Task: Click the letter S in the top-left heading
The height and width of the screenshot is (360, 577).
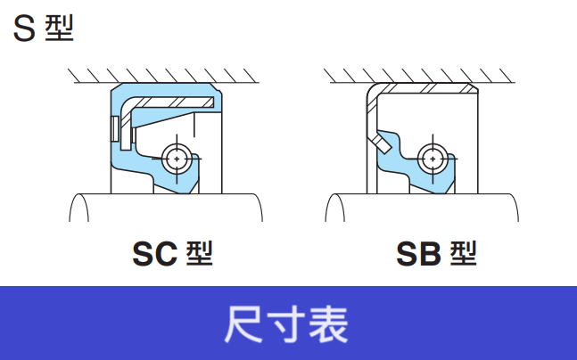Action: tap(24, 29)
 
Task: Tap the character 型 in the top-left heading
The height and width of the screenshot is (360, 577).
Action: tap(58, 29)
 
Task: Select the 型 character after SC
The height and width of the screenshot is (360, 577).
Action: tap(200, 255)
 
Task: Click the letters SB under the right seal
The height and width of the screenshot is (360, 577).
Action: tap(419, 256)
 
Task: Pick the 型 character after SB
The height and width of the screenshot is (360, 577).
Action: tap(463, 255)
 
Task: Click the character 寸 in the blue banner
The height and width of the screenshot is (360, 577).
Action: tap(287, 324)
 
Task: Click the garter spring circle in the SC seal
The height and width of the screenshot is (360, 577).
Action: tap(178, 158)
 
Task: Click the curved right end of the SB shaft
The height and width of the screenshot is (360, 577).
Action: tap(515, 208)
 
